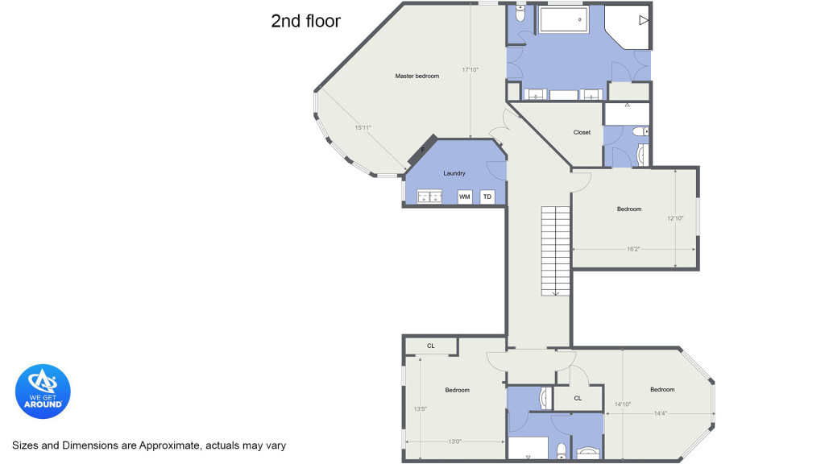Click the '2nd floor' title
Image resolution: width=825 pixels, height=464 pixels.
[305, 21]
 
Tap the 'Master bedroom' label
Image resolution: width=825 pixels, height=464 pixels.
[417, 77]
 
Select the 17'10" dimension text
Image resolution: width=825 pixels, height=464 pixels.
[471, 69]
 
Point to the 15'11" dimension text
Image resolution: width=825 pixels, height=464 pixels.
[363, 127]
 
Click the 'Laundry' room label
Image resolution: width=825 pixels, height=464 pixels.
[454, 173]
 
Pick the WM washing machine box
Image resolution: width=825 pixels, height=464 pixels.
[465, 197]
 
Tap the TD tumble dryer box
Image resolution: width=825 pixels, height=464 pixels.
[487, 197]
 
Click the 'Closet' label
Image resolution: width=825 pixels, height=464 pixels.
[582, 133]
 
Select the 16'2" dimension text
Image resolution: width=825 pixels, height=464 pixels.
[633, 250]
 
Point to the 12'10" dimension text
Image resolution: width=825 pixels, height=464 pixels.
[675, 218]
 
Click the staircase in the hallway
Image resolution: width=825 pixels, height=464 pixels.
[556, 251]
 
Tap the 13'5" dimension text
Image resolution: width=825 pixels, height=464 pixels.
[420, 408]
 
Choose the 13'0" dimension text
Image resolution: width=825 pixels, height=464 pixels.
[454, 442]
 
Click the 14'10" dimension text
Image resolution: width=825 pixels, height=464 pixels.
[623, 404]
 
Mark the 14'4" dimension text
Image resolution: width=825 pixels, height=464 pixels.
[661, 413]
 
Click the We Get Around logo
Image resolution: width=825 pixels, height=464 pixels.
[43, 391]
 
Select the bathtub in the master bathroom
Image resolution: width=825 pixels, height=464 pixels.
[563, 19]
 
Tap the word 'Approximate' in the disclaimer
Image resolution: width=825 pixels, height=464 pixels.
[169, 445]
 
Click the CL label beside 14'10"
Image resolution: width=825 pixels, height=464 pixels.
[578, 398]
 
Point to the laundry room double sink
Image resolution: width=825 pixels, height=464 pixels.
[429, 197]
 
